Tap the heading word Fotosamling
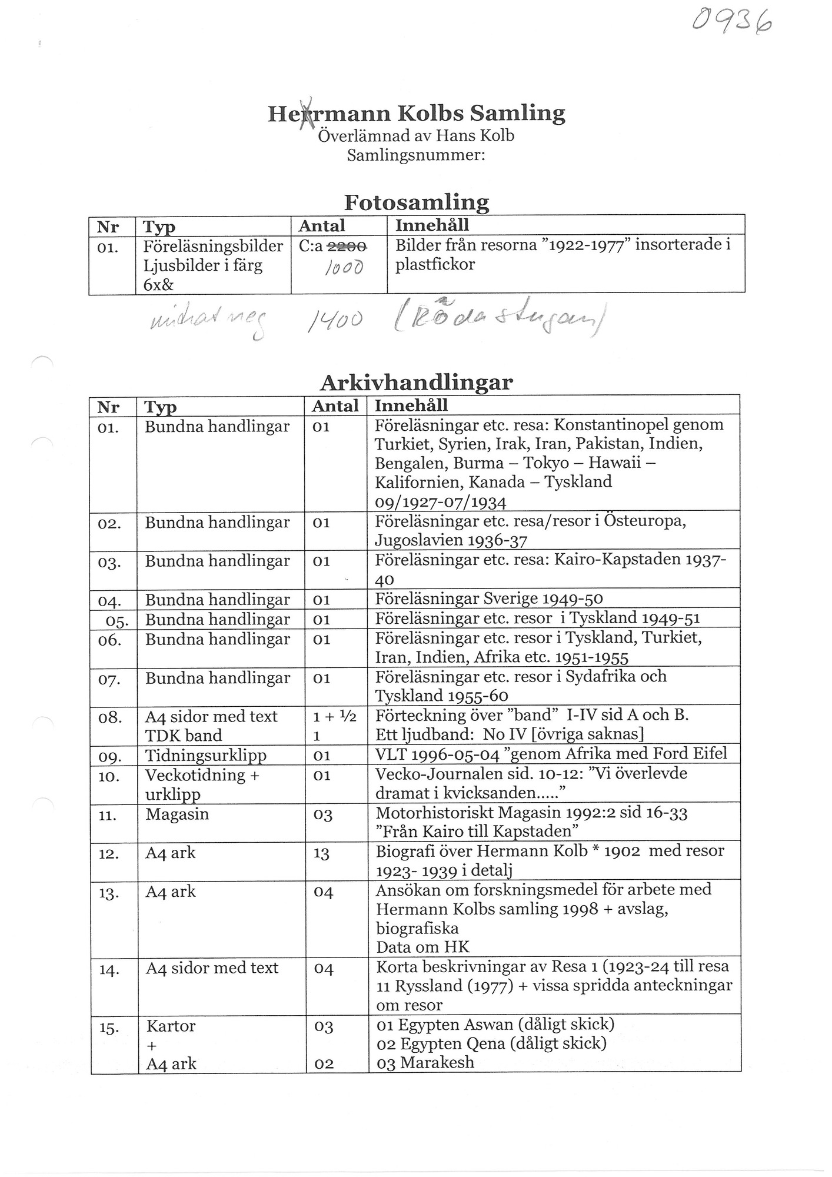coord(417,202)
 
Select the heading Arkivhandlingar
coord(417,383)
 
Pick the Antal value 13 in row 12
coord(321,853)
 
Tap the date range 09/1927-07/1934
coord(441,501)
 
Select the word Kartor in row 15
coord(171,1026)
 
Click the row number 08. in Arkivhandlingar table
coord(110,717)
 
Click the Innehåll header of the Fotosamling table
coord(432,225)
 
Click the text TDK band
coord(184,736)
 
